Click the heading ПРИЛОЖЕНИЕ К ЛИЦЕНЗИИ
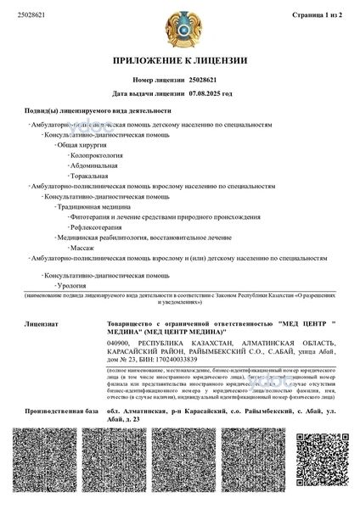[x=180, y=61]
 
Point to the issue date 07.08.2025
[x=205, y=93]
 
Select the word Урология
[x=70, y=286]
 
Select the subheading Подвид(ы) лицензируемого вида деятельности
[x=98, y=111]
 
